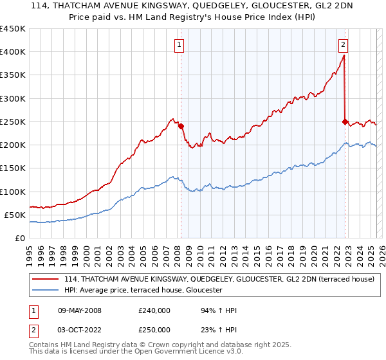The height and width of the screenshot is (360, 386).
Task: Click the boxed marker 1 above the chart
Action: (178, 44)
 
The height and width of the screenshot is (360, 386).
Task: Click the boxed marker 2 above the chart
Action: (344, 44)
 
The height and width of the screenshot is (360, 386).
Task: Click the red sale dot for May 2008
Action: (181, 126)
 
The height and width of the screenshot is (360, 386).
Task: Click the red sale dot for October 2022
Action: (345, 122)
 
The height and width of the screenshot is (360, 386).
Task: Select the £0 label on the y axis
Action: (20, 238)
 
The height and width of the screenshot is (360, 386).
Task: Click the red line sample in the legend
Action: (46, 279)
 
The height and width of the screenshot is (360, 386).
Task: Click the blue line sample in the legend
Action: (46, 291)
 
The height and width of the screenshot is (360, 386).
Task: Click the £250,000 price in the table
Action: (154, 330)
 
